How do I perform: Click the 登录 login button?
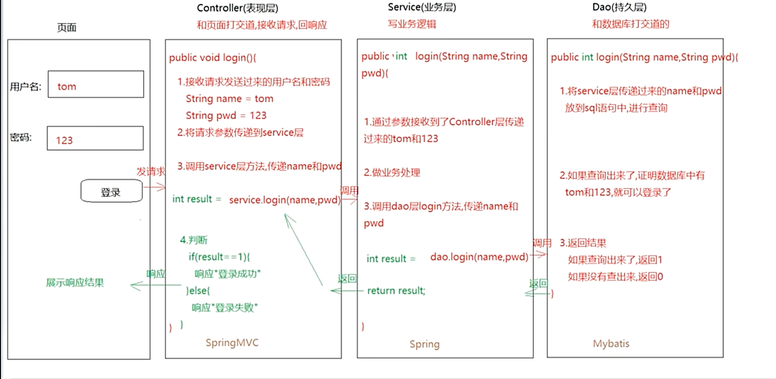[111, 191]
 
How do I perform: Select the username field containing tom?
[96, 84]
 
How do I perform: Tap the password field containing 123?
[95, 138]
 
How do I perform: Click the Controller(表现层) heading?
[237, 8]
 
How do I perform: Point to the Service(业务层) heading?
[422, 7]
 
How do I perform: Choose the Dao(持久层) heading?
[619, 7]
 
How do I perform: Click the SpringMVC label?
[232, 343]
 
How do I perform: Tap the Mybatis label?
[611, 344]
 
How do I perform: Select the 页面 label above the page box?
[67, 28]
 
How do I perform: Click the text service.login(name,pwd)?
[284, 200]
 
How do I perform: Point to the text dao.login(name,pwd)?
[479, 257]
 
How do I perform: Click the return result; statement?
[396, 290]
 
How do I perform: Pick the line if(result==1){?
[219, 257]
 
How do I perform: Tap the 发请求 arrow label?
[151, 172]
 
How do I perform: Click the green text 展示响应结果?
[75, 283]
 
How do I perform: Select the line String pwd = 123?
[226, 116]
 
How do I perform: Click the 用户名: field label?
[26, 87]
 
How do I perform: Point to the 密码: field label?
[21, 138]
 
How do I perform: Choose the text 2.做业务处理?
[392, 173]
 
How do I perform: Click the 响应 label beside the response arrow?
[156, 274]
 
